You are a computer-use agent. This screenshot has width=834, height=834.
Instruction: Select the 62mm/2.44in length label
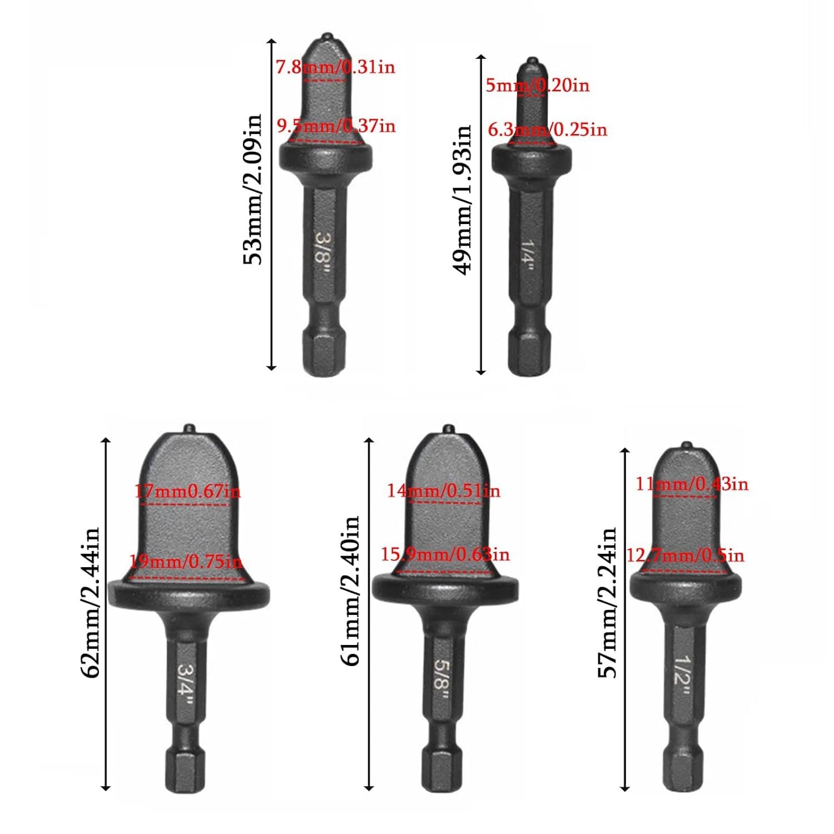pos(90,603)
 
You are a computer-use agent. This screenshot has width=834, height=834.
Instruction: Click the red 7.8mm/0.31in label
pos(335,67)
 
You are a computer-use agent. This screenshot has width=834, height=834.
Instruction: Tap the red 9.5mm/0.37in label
pos(336,126)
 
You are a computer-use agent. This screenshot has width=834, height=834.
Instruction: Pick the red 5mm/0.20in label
pos(538,86)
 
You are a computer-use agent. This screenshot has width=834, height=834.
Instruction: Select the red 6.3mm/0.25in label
pos(548,130)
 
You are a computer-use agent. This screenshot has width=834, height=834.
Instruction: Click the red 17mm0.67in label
pos(188,492)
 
